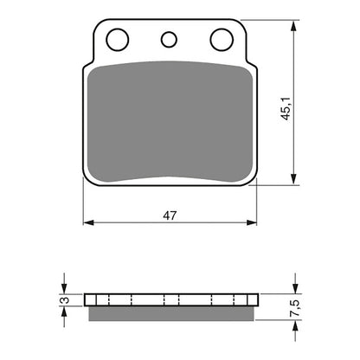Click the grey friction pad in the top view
click(x=170, y=121)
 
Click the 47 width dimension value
click(x=170, y=216)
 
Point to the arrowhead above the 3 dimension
click(x=63, y=288)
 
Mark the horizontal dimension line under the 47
click(x=130, y=224)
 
